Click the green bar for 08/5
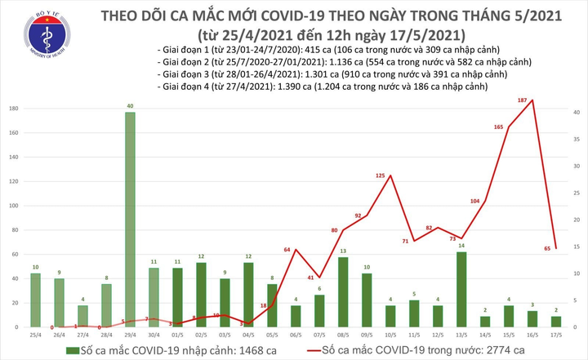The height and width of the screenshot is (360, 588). click(343, 291)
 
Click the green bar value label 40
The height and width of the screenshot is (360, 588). click(130, 105)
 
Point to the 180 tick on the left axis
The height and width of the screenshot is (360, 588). click(15, 109)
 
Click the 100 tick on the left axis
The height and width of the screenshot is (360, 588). click(15, 206)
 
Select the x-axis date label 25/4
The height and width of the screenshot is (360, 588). click(35, 334)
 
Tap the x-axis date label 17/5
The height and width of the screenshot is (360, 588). click(555, 334)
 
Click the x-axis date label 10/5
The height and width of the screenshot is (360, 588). click(390, 334)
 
